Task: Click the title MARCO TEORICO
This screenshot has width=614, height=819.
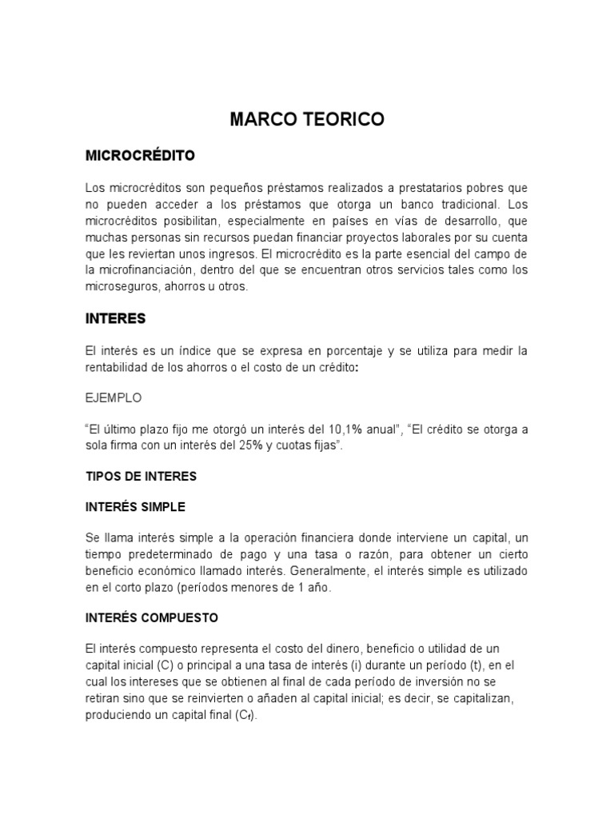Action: pyautogui.click(x=307, y=120)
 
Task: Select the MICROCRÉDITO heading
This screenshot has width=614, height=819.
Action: pyautogui.click(x=140, y=155)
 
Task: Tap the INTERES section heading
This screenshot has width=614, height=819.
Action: pyautogui.click(x=115, y=318)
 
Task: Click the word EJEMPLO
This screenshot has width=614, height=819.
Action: pyautogui.click(x=114, y=397)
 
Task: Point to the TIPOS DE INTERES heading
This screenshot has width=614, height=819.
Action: pyautogui.click(x=141, y=477)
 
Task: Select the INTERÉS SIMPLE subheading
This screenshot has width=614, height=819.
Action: pyautogui.click(x=135, y=507)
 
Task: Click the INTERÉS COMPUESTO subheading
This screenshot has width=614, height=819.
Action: pyautogui.click(x=151, y=618)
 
